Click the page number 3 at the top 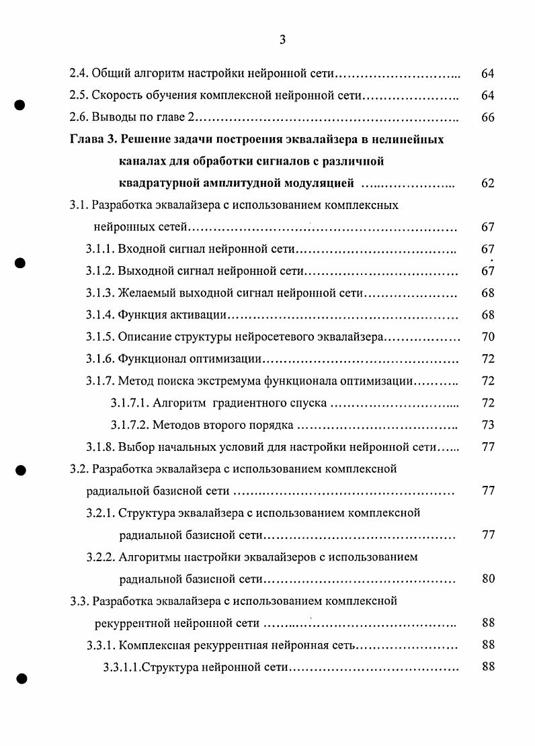coord(282,40)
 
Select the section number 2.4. coord(79,73)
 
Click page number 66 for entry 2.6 coord(488,118)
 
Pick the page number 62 coord(488,183)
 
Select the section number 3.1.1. coord(100,249)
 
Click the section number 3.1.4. coord(100,315)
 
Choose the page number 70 coord(488,337)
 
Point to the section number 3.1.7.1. coord(130,403)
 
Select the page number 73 coord(488,425)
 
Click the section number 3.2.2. coord(100,557)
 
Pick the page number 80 coord(488,579)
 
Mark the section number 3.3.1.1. coord(122,667)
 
